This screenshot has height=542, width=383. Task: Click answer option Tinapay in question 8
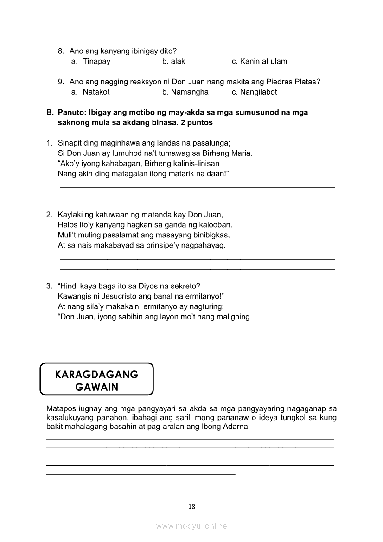(96, 61)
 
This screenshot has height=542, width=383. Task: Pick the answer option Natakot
(96, 92)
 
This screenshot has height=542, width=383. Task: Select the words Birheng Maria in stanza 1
(230, 153)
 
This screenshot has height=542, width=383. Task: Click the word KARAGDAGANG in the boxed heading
(96, 374)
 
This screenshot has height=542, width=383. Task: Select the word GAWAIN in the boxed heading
(96, 387)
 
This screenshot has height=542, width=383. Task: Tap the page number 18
(191, 506)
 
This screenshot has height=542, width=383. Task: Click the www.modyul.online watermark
(191, 526)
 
